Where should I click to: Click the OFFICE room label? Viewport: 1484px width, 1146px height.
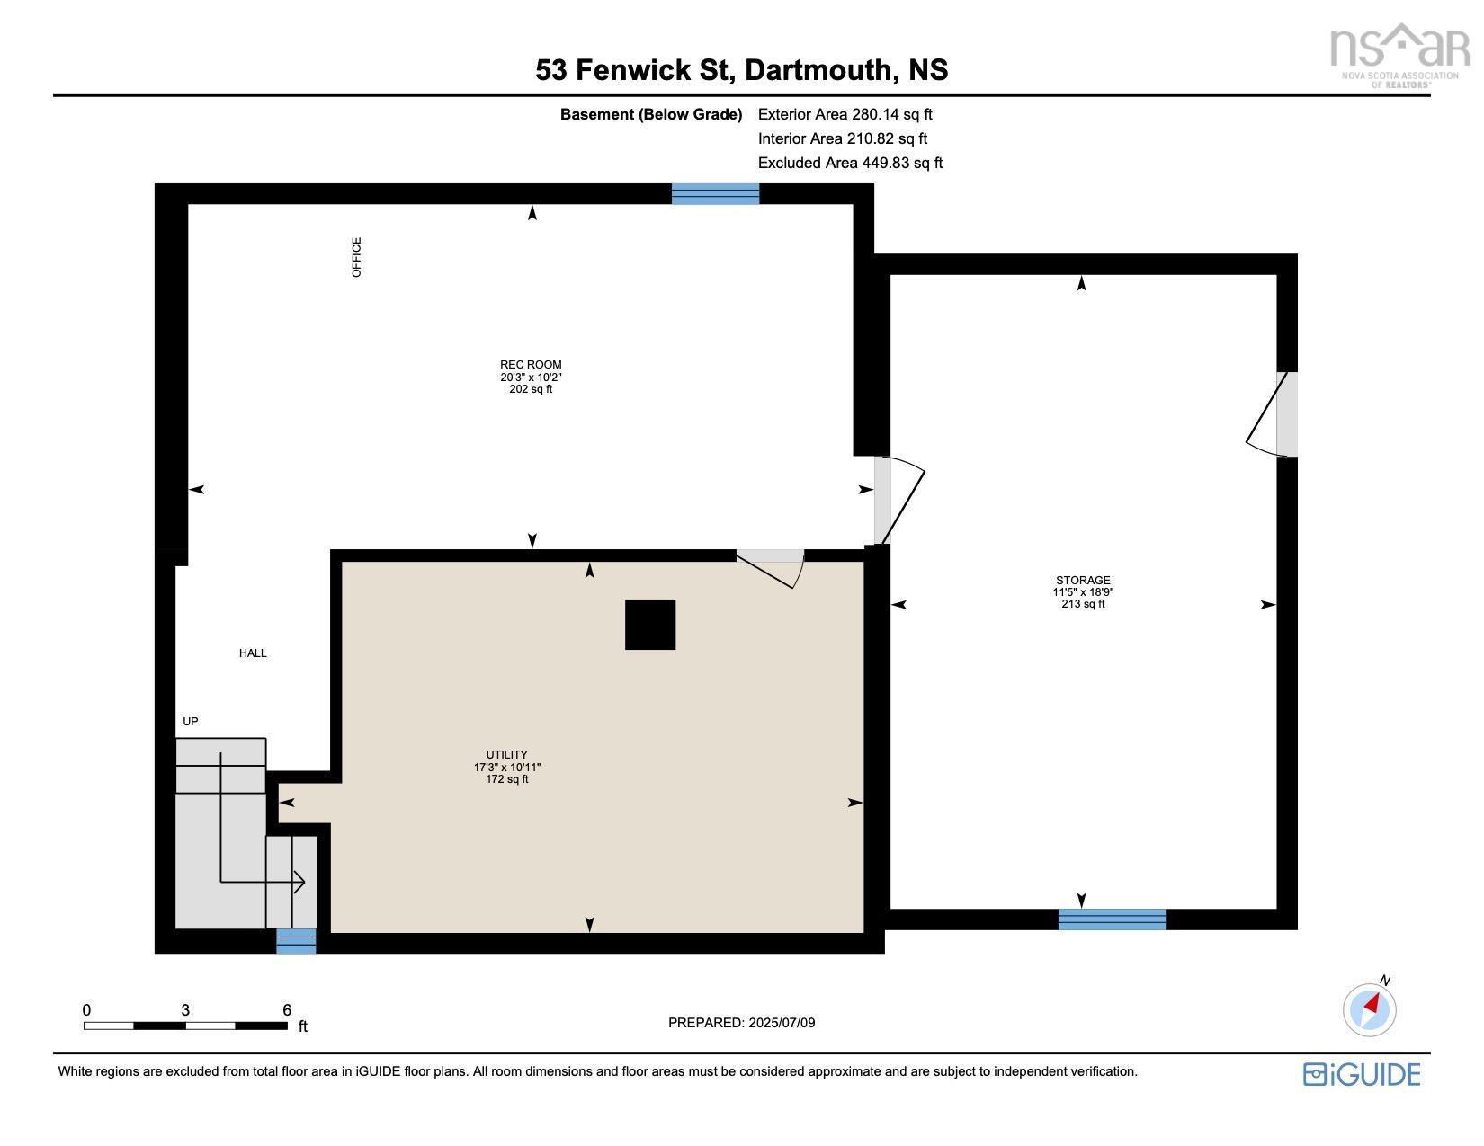357,257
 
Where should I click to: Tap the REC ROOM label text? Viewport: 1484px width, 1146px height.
531,366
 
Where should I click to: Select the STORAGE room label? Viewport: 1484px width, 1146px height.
1083,581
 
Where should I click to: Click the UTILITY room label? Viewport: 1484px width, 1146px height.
506,755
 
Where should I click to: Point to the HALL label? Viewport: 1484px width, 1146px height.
253,653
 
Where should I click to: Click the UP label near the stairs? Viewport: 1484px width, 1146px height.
191,722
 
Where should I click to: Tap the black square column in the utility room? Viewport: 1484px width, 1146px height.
650,625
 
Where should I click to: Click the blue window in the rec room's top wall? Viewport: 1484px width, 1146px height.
715,194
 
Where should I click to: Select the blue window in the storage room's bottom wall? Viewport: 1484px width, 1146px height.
1112,919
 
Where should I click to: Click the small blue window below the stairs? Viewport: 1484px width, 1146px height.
296,941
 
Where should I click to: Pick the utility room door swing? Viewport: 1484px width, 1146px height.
771,567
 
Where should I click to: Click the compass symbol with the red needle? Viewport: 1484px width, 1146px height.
1370,1008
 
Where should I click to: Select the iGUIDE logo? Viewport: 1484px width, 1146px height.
1362,1074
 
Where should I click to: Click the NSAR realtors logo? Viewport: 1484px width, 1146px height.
1399,54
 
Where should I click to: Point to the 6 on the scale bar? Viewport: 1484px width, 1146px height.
287,1010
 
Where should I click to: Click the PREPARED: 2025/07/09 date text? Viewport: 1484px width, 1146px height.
741,1023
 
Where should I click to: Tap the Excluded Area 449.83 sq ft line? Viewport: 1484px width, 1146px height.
850,163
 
